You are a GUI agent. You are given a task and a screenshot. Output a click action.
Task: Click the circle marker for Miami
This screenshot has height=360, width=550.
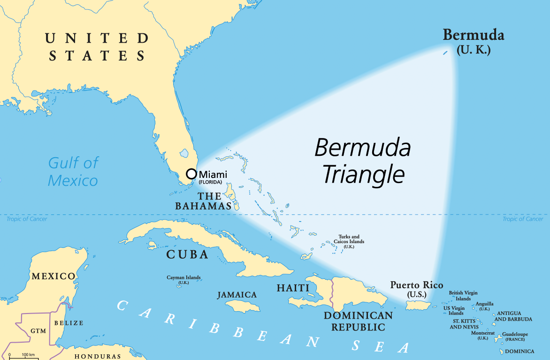(x=191, y=174)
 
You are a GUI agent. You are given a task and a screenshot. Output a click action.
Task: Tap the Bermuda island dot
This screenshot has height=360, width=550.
(x=445, y=53)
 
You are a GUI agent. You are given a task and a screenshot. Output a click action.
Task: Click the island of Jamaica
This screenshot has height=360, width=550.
(x=242, y=306)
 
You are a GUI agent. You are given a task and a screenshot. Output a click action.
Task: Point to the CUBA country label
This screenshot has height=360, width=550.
(x=187, y=255)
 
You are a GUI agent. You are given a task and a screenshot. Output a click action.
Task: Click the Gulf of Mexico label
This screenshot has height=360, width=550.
(x=74, y=172)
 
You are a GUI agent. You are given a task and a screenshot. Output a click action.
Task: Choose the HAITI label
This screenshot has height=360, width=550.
(x=293, y=288)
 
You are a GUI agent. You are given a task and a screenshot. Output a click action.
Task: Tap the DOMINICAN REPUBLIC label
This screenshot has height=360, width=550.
(x=358, y=321)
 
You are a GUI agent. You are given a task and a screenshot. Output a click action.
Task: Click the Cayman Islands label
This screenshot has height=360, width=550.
(x=183, y=277)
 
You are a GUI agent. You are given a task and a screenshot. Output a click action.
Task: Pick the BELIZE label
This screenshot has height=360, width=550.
(x=69, y=323)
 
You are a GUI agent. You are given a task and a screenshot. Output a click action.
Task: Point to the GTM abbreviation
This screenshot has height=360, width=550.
(x=38, y=331)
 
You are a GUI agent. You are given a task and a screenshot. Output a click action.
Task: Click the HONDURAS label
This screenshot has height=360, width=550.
(x=98, y=356)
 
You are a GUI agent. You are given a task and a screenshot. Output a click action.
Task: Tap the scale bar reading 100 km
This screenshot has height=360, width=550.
(x=28, y=354)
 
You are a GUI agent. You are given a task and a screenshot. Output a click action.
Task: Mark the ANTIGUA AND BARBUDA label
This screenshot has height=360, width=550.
(x=514, y=316)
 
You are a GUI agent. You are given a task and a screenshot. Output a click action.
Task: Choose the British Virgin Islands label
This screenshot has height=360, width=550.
(x=463, y=296)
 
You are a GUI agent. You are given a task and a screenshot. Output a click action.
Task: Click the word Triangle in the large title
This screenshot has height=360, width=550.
(x=363, y=175)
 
